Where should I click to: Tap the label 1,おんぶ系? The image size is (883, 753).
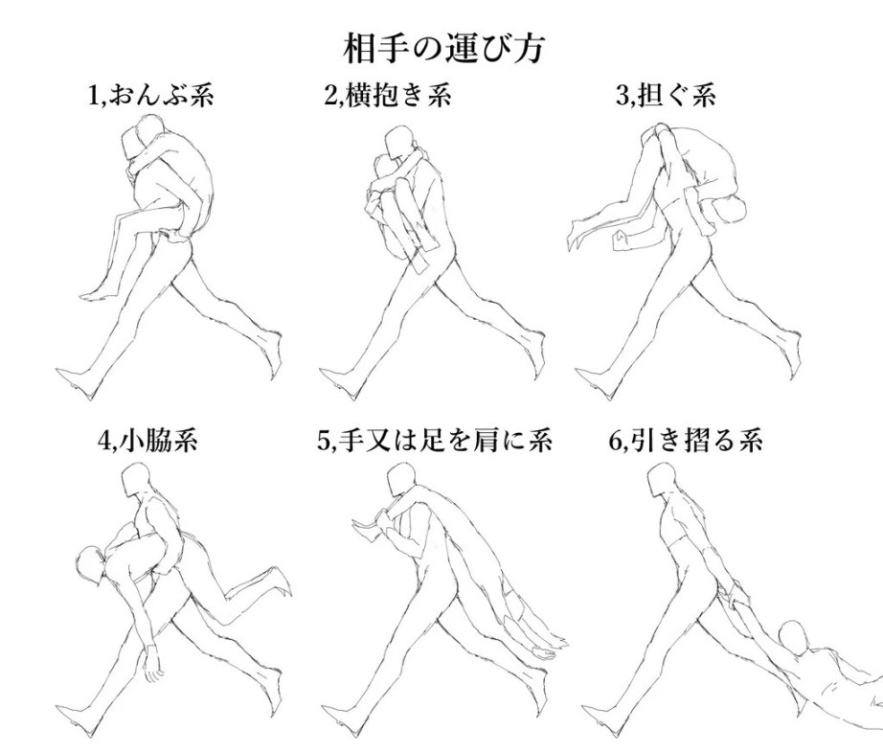click(x=151, y=95)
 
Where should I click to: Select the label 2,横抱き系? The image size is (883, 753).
click(x=388, y=95)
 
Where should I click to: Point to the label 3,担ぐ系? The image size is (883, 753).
click(x=666, y=95)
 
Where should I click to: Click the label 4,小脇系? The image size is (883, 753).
click(x=147, y=440)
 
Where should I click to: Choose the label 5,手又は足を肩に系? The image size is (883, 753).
click(x=434, y=440)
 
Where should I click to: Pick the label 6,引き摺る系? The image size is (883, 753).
click(x=686, y=440)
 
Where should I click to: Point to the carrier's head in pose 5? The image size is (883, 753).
click(x=401, y=480)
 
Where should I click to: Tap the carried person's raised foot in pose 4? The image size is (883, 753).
click(x=280, y=582)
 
